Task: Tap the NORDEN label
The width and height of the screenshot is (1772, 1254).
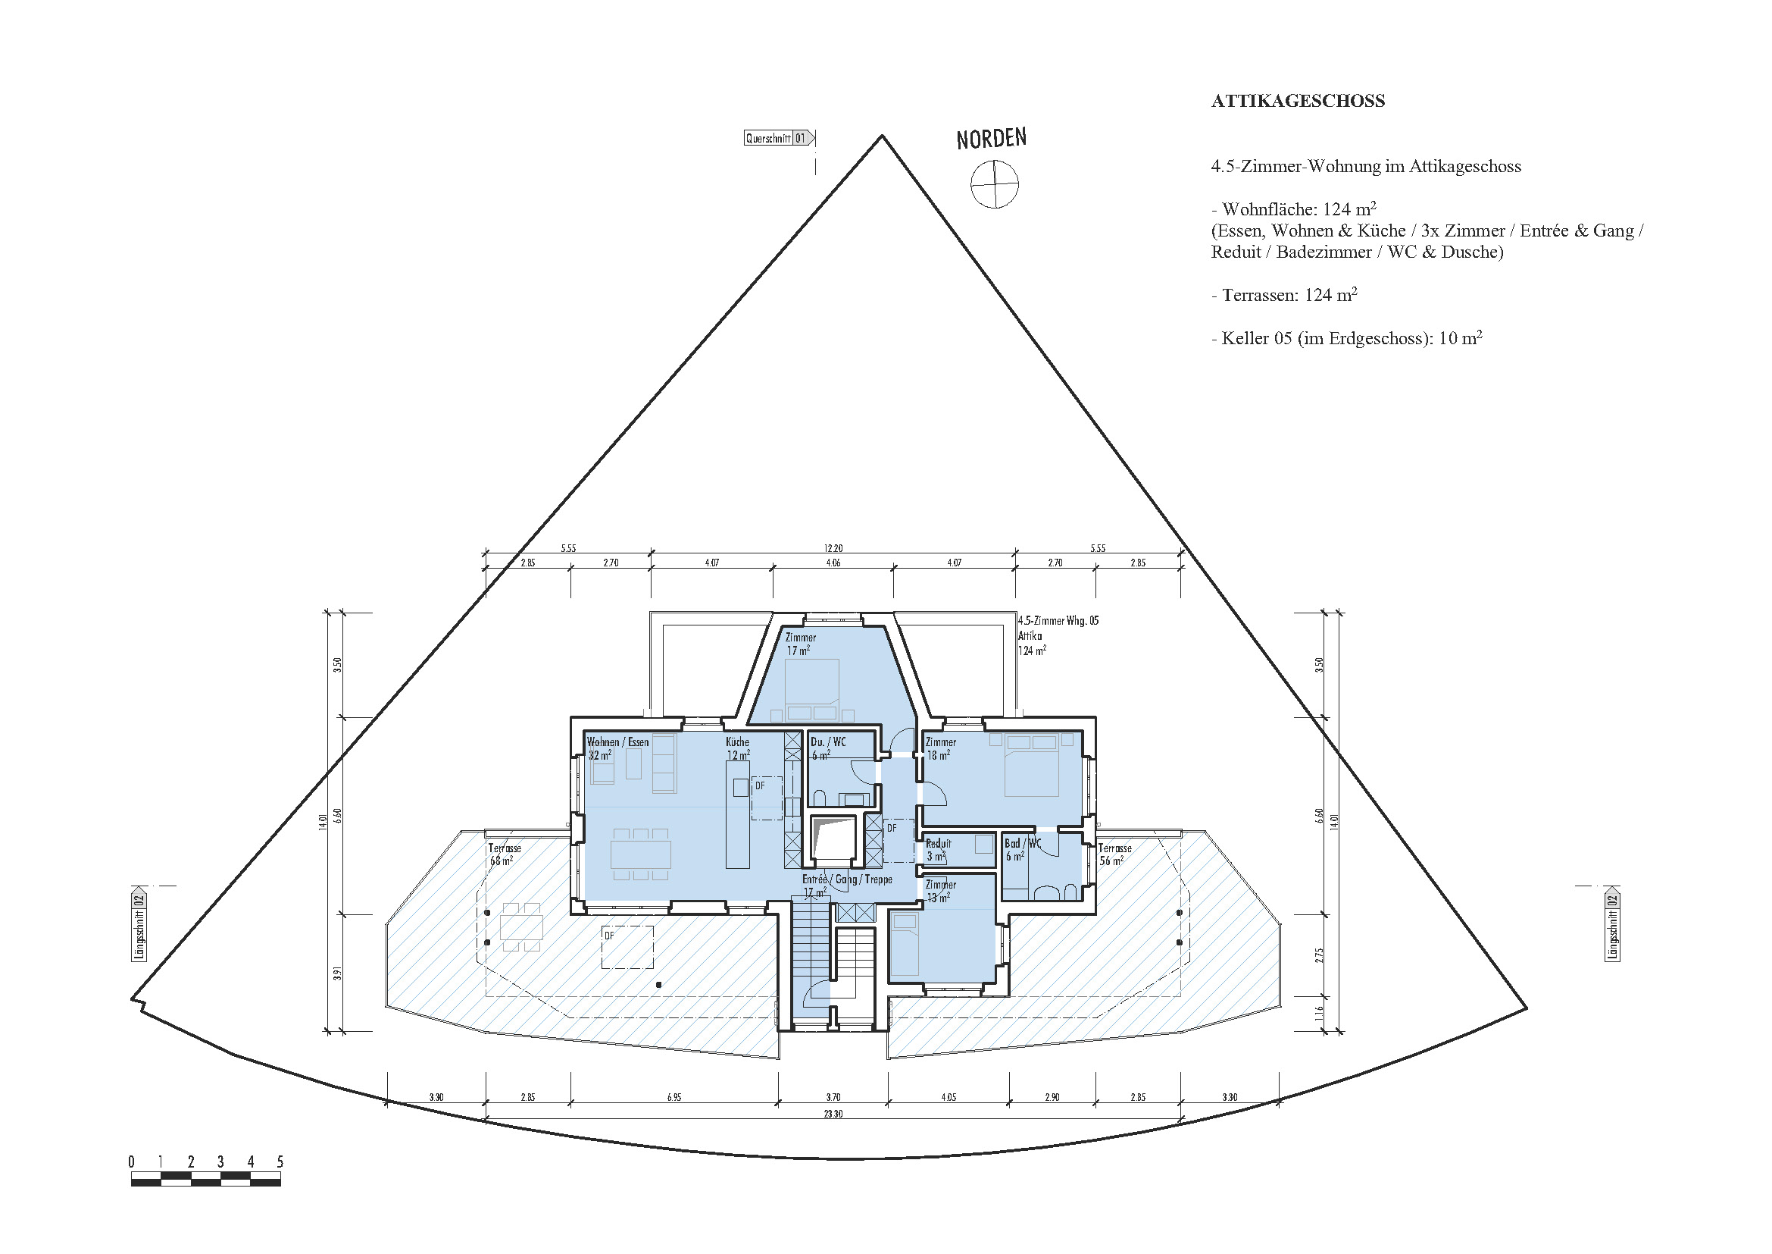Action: (x=991, y=139)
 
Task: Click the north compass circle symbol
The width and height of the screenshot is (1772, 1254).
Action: (x=994, y=184)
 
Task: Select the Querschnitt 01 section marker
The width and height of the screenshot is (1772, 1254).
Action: (x=779, y=138)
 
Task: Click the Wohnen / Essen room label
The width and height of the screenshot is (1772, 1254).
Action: (x=617, y=742)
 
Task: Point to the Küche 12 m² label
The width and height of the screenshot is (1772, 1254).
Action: (x=738, y=748)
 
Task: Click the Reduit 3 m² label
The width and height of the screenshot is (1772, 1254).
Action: (x=938, y=850)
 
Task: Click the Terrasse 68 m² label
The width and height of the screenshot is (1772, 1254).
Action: (x=504, y=854)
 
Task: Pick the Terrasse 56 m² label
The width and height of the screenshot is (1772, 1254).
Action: (x=1114, y=854)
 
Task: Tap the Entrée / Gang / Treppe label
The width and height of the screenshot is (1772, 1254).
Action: (x=847, y=879)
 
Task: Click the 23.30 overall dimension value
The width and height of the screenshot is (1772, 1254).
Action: (x=833, y=1114)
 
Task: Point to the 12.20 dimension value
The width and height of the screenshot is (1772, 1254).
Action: (x=833, y=548)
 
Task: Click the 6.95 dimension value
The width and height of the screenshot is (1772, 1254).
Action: (x=673, y=1097)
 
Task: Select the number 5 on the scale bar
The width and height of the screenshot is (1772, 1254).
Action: (x=280, y=1162)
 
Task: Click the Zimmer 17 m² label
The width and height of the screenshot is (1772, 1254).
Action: (x=799, y=644)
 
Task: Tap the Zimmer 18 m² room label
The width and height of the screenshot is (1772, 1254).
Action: (x=940, y=748)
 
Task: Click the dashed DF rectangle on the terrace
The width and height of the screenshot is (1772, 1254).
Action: (x=627, y=948)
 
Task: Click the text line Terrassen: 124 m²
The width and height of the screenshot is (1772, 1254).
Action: (x=1284, y=295)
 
